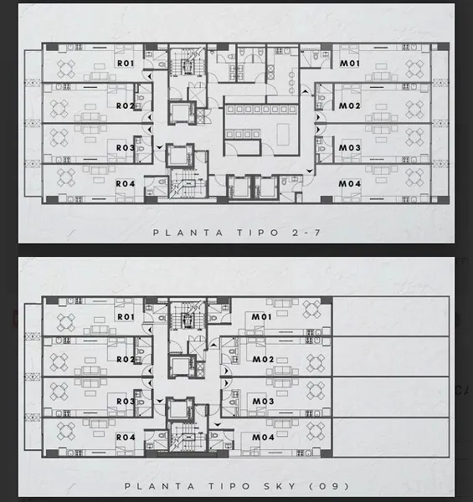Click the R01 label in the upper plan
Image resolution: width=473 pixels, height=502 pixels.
click(126, 64)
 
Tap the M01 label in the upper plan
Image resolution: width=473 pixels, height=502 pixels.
click(350, 64)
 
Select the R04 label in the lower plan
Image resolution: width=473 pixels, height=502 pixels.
click(126, 438)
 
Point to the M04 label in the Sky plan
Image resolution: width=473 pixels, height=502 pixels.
click(263, 438)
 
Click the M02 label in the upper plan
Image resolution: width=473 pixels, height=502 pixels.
click(350, 105)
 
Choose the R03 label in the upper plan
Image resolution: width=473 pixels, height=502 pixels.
click(126, 148)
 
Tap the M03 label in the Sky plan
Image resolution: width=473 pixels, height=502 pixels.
click(263, 402)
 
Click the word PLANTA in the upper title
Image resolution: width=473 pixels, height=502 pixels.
click(188, 233)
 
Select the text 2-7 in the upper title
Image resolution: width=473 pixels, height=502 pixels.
click(306, 233)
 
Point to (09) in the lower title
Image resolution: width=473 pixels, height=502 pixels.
click(329, 486)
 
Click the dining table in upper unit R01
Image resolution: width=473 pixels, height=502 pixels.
click(66, 69)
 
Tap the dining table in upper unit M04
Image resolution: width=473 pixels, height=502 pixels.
click(415, 178)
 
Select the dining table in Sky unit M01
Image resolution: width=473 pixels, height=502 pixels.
click(312, 310)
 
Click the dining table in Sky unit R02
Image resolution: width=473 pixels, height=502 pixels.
click(59, 362)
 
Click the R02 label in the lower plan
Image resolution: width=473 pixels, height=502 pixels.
click(126, 360)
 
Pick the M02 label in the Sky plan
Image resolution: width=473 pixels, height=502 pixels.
click(263, 360)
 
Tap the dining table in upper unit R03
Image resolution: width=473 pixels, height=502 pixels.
click(59, 138)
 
